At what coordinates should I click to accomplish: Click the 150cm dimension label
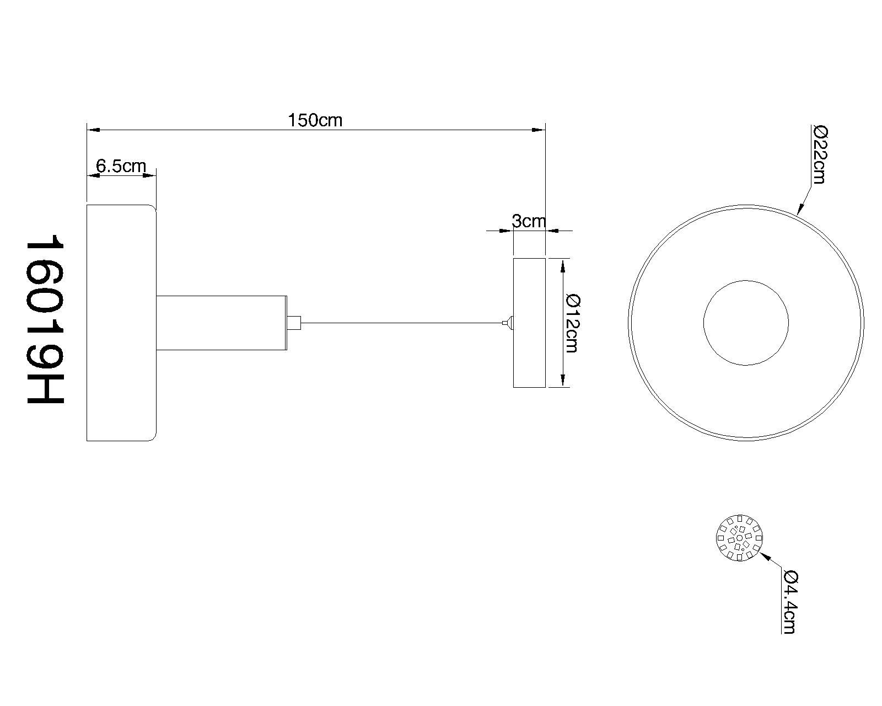[315, 120]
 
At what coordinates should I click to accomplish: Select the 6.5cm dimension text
[121, 165]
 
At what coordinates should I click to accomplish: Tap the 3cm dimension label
[529, 221]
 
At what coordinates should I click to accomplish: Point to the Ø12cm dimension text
[572, 323]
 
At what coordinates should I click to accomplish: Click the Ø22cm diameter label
[820, 154]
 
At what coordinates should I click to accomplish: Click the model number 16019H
[45, 319]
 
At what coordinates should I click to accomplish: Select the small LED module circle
[739, 538]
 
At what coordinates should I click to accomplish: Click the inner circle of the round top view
[746, 281]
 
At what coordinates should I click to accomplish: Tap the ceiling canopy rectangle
[529, 323]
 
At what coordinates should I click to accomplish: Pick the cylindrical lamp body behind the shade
[221, 323]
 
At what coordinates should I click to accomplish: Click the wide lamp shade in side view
[121, 323]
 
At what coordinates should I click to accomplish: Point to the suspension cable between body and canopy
[402, 323]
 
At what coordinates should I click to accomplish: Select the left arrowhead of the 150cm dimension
[94, 130]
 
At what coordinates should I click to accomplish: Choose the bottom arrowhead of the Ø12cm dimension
[563, 380]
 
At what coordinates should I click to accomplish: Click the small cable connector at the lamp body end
[294, 323]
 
